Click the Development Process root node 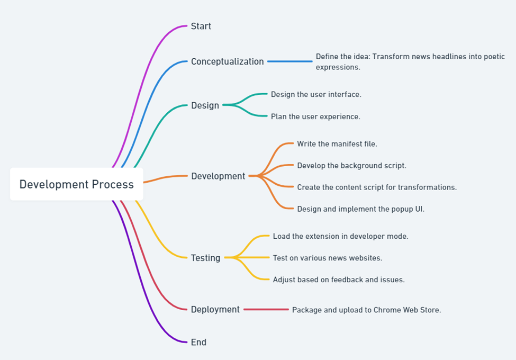click(77, 184)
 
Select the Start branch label click(201, 26)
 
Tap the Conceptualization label click(228, 61)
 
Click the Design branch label click(205, 105)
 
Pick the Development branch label click(218, 176)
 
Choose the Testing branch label click(205, 258)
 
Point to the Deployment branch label click(215, 309)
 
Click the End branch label click(198, 342)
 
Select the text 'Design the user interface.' click(316, 94)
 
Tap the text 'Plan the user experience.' click(315, 116)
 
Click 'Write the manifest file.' click(337, 144)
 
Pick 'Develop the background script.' click(351, 166)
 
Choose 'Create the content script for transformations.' click(377, 187)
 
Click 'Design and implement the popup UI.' click(361, 209)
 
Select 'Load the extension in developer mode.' click(341, 236)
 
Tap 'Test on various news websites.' click(328, 258)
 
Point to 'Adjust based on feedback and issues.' click(339, 280)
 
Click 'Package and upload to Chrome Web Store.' click(367, 310)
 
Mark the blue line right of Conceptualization click(290, 61)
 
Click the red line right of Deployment click(266, 309)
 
